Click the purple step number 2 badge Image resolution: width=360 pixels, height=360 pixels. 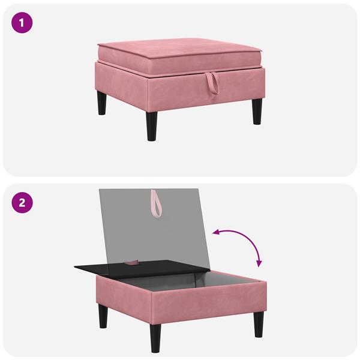[x=22, y=202]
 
